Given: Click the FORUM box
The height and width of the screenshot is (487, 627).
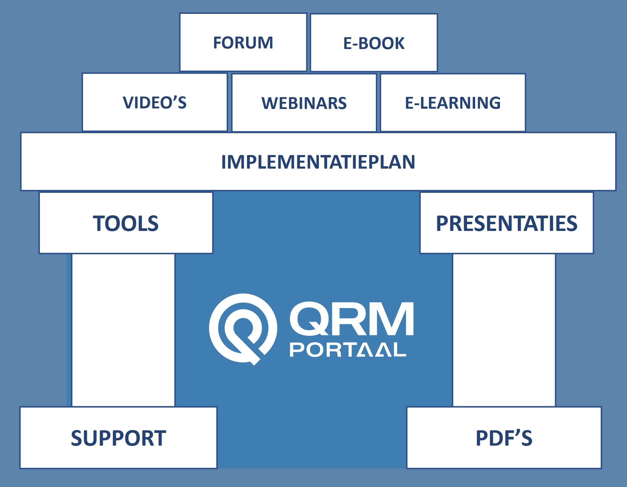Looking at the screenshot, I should point(243,43).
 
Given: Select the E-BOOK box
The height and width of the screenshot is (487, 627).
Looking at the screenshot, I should point(373,43).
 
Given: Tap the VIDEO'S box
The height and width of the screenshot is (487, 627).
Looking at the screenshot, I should point(155,102).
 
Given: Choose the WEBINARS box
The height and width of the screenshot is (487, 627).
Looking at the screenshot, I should point(304,103).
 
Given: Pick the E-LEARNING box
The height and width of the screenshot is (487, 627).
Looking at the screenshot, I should point(453,103).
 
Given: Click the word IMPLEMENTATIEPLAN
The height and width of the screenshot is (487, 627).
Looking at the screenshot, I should point(318,162).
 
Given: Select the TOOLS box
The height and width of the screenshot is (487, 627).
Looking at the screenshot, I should point(126,223).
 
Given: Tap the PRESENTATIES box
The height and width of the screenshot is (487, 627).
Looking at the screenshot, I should point(506,223).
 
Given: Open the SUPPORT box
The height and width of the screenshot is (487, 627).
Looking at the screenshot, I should point(118,438).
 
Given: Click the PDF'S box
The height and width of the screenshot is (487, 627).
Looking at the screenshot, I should point(504,438).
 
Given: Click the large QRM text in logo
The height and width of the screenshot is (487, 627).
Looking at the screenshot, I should point(352,319).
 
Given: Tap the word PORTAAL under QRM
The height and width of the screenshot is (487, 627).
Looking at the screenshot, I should point(348,350).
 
